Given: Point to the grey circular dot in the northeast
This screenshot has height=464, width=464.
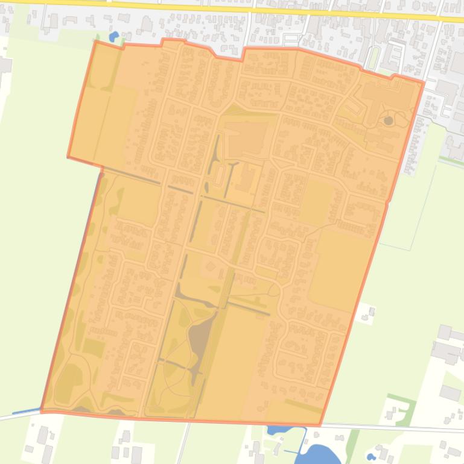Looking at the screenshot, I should pyautogui.click(x=388, y=121).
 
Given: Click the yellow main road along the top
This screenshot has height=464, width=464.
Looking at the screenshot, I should pyautogui.click(x=241, y=8).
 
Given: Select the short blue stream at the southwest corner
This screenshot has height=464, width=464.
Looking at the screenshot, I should pyautogui.click(x=25, y=412).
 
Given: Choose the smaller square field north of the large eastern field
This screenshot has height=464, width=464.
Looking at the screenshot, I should pyautogui.click(x=316, y=202).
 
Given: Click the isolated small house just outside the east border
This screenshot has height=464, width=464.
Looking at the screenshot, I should pyautogui.click(x=367, y=313).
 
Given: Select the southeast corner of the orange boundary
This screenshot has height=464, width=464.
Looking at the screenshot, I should pyautogui.click(x=320, y=425).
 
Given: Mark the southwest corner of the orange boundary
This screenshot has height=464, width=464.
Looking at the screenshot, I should pyautogui.click(x=42, y=410).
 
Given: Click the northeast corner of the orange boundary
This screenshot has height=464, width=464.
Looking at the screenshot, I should pyautogui.click(x=424, y=81).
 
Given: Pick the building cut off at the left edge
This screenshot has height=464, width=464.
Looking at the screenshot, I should pyautogui.click(x=5, y=64).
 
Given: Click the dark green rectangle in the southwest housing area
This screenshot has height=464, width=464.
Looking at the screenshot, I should pyautogui.click(x=93, y=347).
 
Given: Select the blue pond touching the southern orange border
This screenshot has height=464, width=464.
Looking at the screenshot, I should pyautogui.click(x=278, y=430).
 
